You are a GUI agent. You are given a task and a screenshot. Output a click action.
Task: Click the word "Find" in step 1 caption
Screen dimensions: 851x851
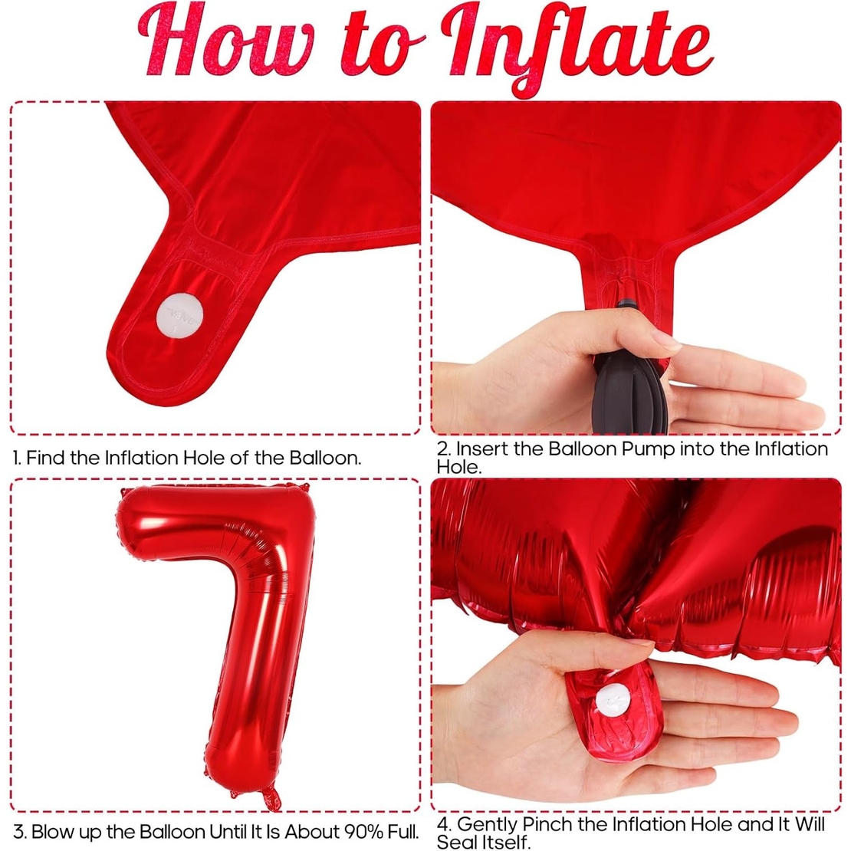coord(45,458)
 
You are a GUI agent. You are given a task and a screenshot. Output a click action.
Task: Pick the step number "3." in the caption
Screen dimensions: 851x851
coord(20,832)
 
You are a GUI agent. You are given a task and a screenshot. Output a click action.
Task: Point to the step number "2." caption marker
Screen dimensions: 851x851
coord(444,449)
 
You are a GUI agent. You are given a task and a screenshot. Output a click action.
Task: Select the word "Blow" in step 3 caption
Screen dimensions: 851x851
coord(53,832)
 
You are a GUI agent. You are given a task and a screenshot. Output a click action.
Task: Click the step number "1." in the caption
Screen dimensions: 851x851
coord(17,458)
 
